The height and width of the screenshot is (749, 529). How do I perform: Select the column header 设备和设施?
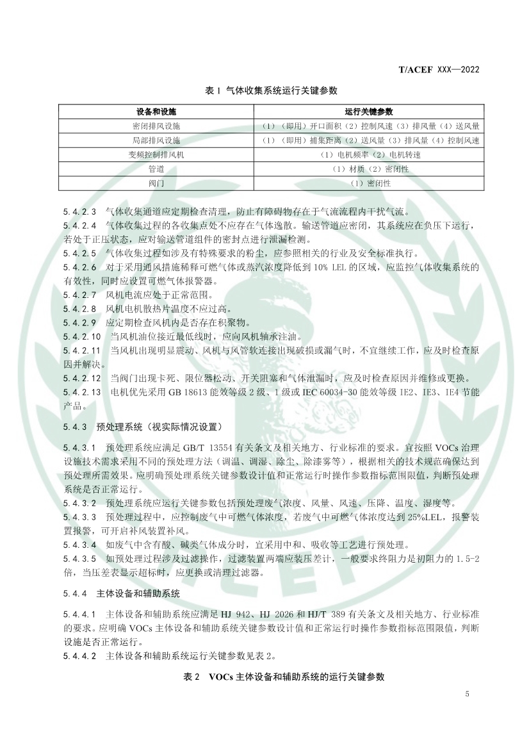click(x=156, y=111)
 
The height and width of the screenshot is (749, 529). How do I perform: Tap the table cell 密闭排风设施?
click(x=156, y=126)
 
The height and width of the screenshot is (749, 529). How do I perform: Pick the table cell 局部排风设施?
click(x=156, y=140)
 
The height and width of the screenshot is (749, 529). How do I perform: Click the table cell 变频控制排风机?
click(x=156, y=155)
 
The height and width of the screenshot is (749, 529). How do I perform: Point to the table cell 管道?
click(x=156, y=169)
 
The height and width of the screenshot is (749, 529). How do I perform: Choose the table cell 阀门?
click(x=156, y=183)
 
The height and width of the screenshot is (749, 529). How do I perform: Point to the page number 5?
click(x=467, y=694)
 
